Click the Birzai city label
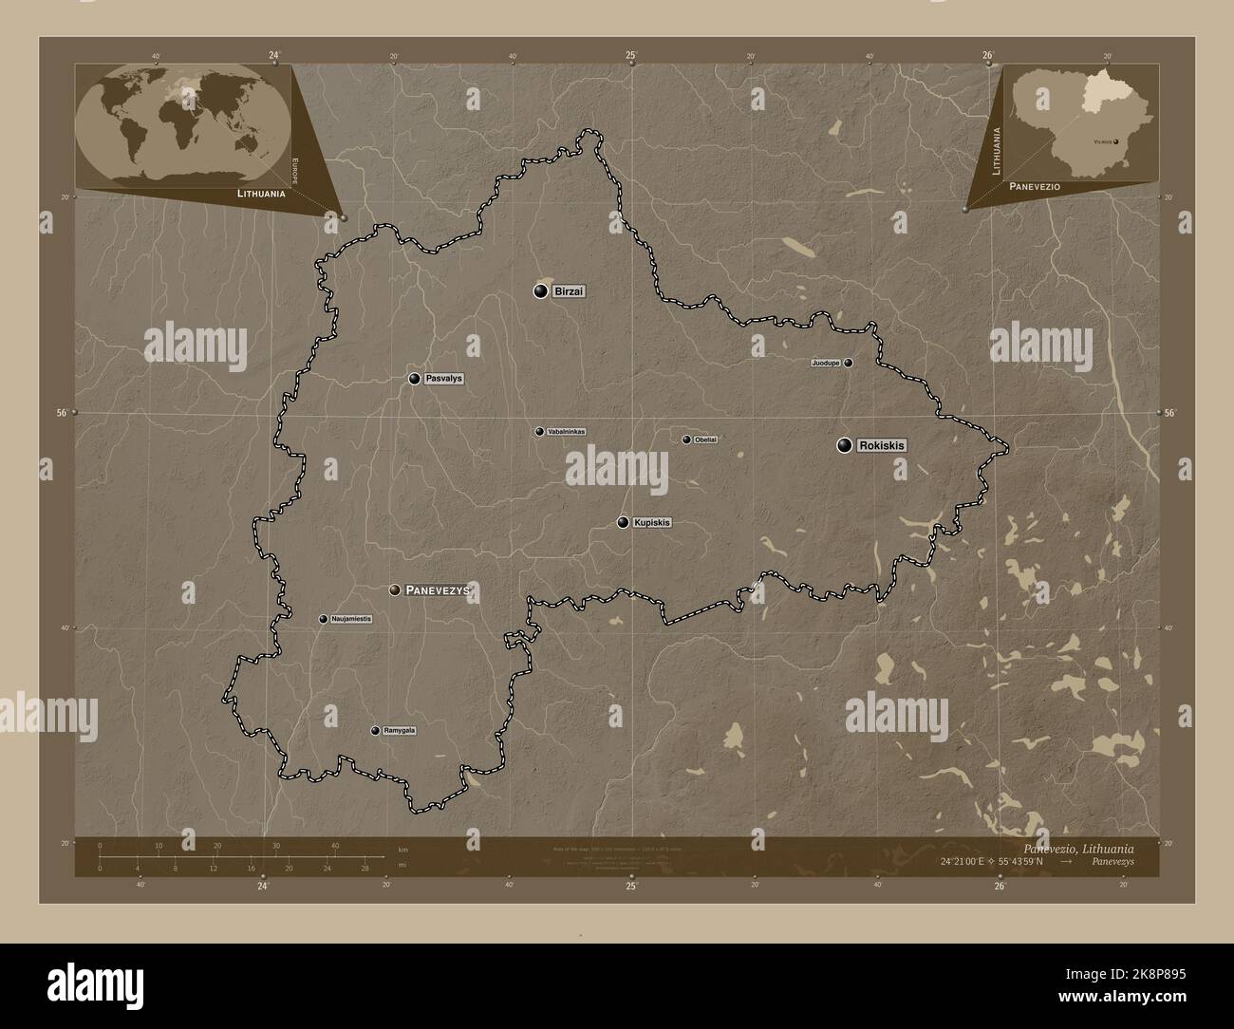coord(568,291)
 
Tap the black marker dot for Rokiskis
coord(844,445)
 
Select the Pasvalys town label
coord(443,379)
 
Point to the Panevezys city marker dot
coord(395,590)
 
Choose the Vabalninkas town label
coord(567,432)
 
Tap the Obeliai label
coord(705,440)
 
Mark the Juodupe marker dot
coord(849,363)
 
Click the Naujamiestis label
coord(351,619)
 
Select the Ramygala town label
coord(400,731)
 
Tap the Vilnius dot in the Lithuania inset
coord(1116,140)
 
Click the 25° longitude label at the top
coord(631,55)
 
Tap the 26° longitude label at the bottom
coord(1000,887)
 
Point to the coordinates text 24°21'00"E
coord(1001,861)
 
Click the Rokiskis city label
coord(882,445)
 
